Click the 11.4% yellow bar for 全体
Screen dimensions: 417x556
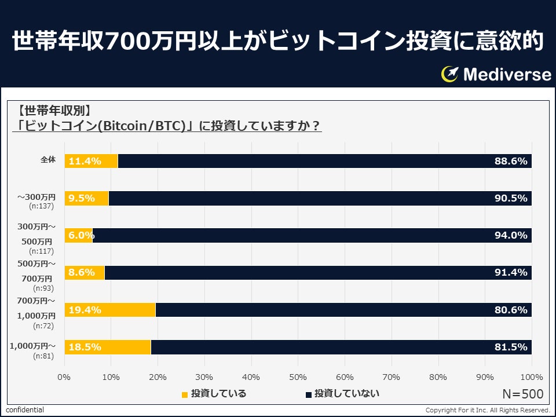coord(91,161)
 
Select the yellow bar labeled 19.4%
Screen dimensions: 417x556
coord(110,310)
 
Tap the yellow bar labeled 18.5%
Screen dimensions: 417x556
coord(108,347)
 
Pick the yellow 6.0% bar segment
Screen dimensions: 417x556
coord(78,235)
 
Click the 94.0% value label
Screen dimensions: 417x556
coord(511,235)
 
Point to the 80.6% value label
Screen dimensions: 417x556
coord(511,310)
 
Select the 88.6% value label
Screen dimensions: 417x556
coord(511,161)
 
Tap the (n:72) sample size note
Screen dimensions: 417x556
coord(43,325)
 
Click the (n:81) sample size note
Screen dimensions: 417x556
coord(43,356)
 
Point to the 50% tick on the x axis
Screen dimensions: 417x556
coord(298,377)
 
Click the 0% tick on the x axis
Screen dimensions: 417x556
coord(64,377)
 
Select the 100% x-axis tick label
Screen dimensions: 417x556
coord(531,377)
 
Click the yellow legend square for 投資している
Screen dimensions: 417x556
coord(185,394)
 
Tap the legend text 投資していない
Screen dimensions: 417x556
coord(346,394)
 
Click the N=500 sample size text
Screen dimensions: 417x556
coord(522,394)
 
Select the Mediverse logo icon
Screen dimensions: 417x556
coord(449,74)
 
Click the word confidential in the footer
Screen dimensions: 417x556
coord(25,410)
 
